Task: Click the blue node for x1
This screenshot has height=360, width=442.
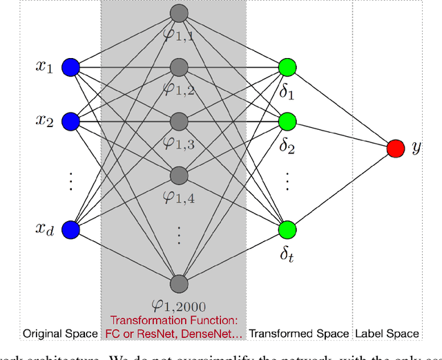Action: click(x=70, y=67)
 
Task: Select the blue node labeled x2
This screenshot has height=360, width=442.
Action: click(x=70, y=122)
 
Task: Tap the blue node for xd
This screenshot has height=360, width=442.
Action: click(x=70, y=229)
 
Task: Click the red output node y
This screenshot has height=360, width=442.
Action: click(x=396, y=148)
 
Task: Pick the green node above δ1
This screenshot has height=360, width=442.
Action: click(x=287, y=67)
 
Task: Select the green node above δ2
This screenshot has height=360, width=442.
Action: click(x=287, y=122)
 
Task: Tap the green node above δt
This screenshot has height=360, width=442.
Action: click(x=287, y=229)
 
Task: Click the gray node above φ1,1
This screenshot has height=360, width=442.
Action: click(x=179, y=13)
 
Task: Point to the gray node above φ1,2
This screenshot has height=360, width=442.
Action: click(x=179, y=67)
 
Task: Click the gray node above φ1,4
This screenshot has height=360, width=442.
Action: click(x=179, y=175)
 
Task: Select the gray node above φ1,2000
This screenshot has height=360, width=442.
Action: click(x=179, y=283)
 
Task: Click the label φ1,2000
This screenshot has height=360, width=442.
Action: click(x=179, y=305)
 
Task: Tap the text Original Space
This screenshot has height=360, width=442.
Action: click(x=60, y=334)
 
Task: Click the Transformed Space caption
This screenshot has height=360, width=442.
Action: click(x=300, y=334)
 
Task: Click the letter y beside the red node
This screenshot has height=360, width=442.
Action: click(x=416, y=148)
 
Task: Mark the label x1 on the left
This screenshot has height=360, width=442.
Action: click(x=44, y=67)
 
